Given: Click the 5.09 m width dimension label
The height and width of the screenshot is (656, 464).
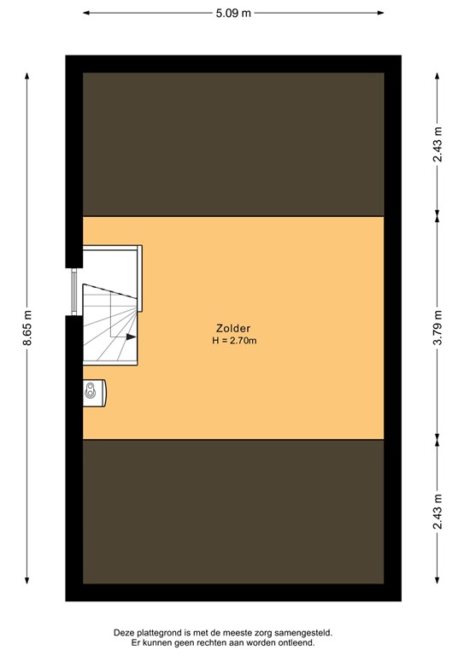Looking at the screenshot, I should click(232, 14).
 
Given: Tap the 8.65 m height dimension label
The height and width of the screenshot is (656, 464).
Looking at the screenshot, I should click(27, 328).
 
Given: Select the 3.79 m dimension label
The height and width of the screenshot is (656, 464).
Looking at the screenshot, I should click(437, 328).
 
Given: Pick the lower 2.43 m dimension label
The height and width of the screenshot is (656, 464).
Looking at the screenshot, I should click(437, 512).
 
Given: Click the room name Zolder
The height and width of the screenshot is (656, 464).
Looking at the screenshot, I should click(232, 329).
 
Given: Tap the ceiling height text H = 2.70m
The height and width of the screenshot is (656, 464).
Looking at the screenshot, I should click(234, 341).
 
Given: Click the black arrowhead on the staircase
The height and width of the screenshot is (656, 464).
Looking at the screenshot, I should click(131, 337).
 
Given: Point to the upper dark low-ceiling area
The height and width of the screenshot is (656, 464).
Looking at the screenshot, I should click(232, 143).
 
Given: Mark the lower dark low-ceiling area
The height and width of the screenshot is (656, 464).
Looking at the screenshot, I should click(232, 512).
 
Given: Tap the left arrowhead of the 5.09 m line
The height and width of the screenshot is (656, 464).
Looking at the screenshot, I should click(87, 14).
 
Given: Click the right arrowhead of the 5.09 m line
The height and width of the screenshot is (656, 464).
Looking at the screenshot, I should click(379, 14).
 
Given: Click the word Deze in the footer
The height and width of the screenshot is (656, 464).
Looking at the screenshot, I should click(125, 632).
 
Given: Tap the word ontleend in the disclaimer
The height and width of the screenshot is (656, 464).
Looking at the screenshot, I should click(295, 642).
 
